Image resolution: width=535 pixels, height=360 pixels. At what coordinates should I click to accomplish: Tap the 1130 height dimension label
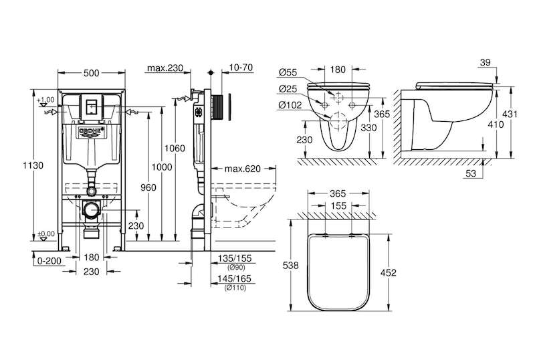pos(33,165)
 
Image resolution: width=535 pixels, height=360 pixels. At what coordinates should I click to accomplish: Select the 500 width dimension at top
pos(92,73)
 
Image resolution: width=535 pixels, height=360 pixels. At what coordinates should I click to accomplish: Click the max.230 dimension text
pos(165,68)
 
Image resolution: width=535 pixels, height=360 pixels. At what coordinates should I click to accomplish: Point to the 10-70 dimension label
pos(241,68)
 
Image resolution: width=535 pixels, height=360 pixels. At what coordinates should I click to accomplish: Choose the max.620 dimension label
pos(243,169)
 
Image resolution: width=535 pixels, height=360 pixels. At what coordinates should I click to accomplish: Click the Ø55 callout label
pos(288,72)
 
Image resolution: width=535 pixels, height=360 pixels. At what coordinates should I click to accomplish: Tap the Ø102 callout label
pos(290,105)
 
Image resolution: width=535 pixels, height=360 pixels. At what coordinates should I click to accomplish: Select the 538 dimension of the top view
pos(291,266)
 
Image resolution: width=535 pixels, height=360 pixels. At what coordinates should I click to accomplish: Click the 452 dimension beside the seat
pos(389,272)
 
